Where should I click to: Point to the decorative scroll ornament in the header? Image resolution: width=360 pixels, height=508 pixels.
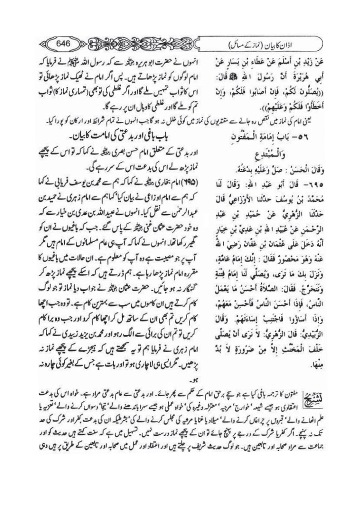(x=145, y=44)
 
